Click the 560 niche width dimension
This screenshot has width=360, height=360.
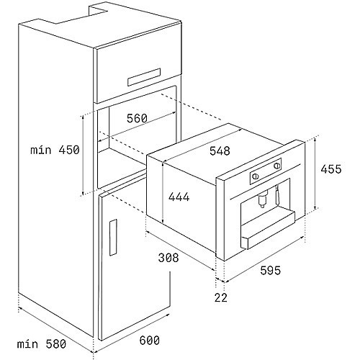coord(137,118)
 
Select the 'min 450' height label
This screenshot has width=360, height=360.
coord(55,150)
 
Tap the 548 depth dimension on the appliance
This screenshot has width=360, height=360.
coord(220,151)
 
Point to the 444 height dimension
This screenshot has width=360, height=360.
coord(179,197)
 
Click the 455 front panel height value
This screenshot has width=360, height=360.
coord(331,169)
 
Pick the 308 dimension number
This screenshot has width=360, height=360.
coord(168,258)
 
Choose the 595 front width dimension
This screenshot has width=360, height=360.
coord(270,271)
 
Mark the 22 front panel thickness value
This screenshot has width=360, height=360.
coord(220,297)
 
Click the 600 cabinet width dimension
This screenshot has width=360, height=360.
coord(149,340)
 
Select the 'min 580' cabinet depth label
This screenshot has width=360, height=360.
coord(42,344)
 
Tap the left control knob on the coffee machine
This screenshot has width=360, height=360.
coord(256,176)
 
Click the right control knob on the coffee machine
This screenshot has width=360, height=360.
coord(276,166)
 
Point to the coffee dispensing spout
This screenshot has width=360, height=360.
coord(263,199)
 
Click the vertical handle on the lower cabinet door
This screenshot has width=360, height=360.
coord(113,238)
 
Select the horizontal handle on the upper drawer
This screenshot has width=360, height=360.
coord(144,77)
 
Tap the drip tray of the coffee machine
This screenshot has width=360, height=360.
coord(268,230)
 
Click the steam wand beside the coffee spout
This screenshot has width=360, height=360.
coord(278,195)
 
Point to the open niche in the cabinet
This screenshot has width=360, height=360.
coord(138,139)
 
